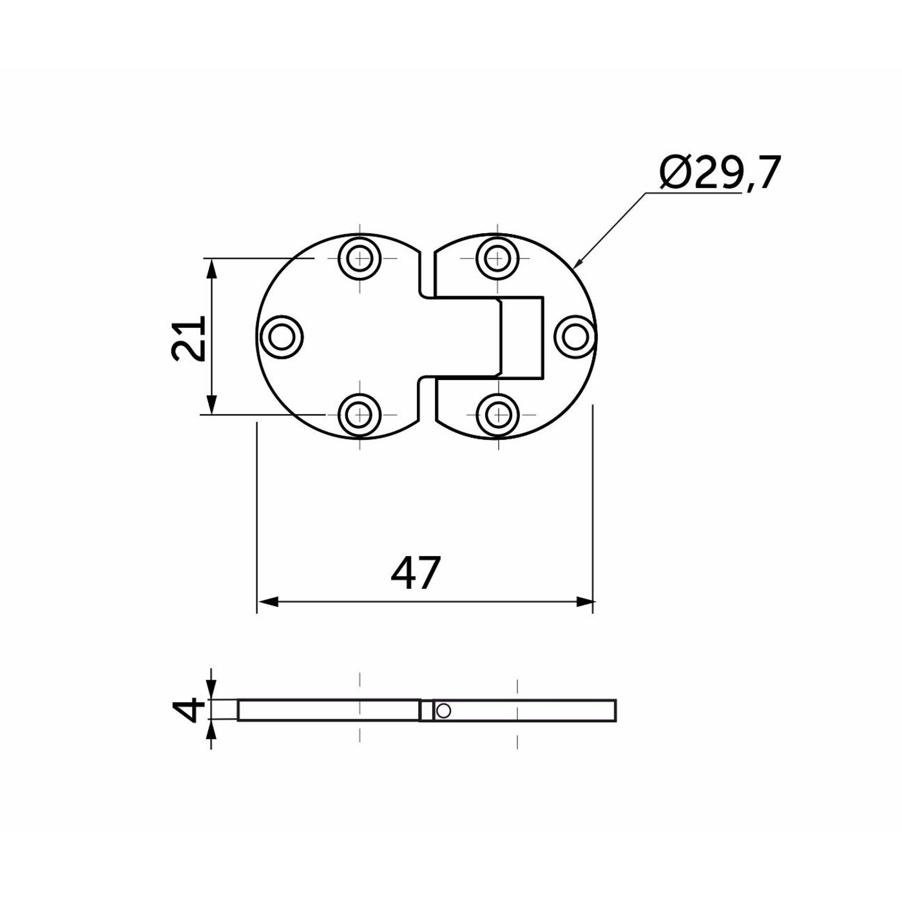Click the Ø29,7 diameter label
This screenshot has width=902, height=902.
720,173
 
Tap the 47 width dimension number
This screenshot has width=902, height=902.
416,573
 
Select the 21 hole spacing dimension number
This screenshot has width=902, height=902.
188,338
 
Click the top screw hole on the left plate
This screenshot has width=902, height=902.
360,258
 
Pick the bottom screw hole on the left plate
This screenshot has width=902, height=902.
360,414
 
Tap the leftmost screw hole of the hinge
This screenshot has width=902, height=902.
281,336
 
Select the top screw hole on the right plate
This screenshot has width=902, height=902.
497,258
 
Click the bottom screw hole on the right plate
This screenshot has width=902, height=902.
497,414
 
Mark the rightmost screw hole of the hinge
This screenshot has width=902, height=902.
573,336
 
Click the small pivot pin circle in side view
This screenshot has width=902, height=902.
443,711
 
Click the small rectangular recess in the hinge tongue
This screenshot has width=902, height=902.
522,336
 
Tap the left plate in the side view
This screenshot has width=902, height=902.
329,710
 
